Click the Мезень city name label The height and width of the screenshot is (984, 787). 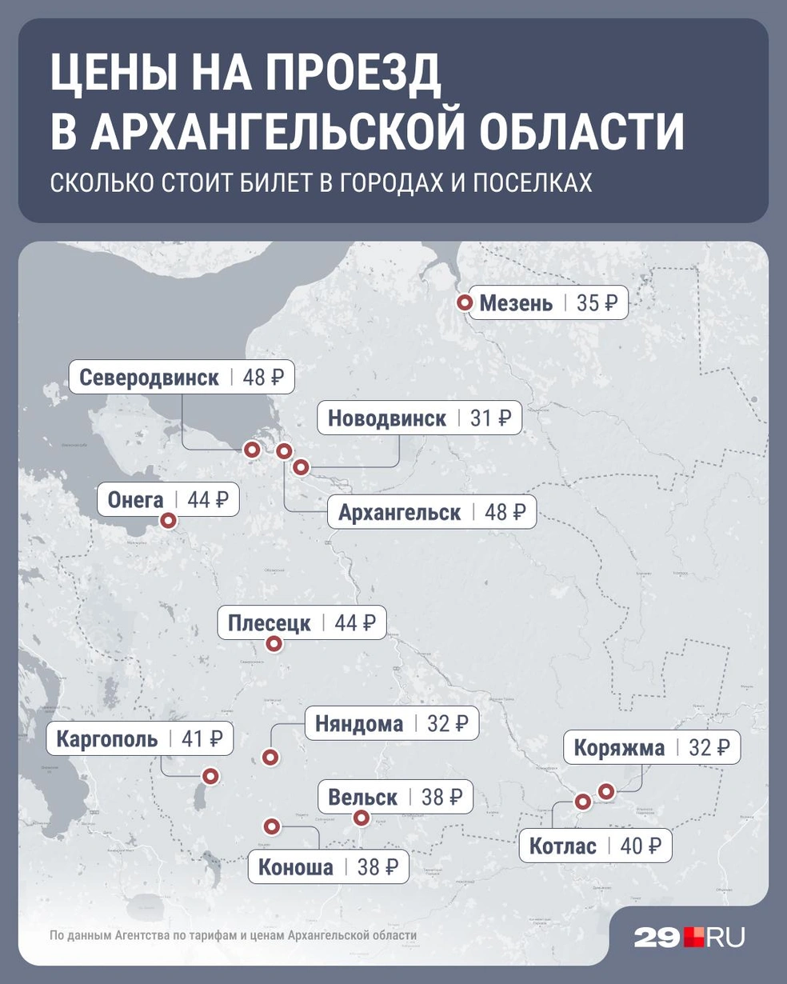(x=516, y=303)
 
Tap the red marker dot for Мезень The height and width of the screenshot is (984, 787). (x=464, y=303)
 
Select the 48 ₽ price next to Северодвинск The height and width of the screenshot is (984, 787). (x=263, y=377)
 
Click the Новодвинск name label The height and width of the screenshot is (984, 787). (x=386, y=418)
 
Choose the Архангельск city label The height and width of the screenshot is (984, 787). (x=399, y=512)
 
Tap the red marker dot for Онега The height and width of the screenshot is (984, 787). (x=168, y=521)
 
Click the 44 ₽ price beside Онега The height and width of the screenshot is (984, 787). (x=208, y=500)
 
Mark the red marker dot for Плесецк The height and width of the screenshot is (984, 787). (x=274, y=643)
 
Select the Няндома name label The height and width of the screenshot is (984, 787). (x=359, y=724)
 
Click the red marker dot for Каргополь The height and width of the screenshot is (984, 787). (x=210, y=775)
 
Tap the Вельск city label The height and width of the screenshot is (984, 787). (x=362, y=797)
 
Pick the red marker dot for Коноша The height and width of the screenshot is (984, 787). (x=272, y=826)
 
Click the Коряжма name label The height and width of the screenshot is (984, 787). (x=619, y=748)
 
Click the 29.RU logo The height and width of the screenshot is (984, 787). (x=689, y=937)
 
